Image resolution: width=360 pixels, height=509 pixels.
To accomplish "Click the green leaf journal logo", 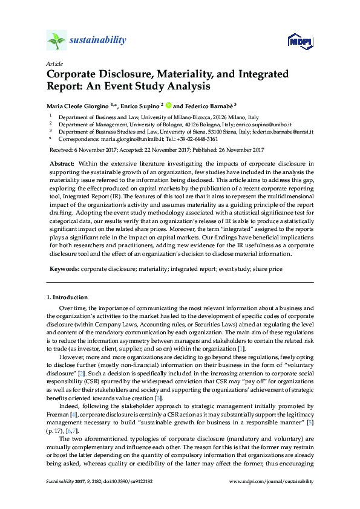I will (56, 41).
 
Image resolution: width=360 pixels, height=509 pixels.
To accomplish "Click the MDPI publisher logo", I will (299, 41).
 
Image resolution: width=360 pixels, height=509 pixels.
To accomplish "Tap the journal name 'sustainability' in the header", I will (98, 41).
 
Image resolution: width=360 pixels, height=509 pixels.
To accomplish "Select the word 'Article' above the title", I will (54, 63).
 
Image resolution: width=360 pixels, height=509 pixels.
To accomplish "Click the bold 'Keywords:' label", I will (64, 267).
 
